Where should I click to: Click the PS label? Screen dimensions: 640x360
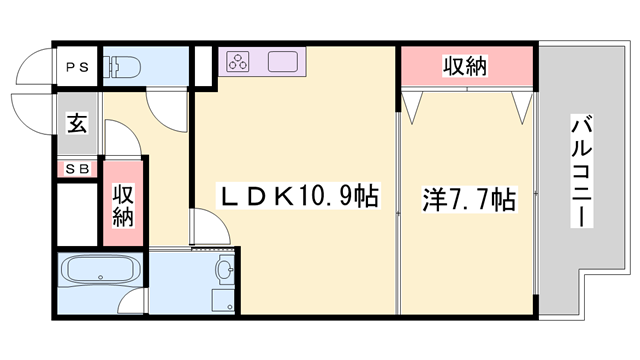77,67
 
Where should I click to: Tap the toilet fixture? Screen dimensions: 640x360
122,67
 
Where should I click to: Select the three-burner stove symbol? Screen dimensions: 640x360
238,61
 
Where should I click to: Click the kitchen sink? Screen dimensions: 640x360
282,62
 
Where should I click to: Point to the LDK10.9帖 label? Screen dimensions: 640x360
298,196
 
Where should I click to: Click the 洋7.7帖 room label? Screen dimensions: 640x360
469,200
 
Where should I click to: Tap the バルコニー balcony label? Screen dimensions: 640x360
581,171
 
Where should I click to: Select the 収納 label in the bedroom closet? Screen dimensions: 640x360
465,66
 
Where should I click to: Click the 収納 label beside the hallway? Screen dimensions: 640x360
123,206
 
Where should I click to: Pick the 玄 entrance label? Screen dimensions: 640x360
77,123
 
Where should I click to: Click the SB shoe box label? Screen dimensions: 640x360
77,169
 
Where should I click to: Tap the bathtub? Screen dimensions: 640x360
100,269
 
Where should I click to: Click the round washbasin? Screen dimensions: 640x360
225,269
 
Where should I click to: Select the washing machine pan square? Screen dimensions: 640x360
223,300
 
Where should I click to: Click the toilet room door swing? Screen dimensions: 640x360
168,111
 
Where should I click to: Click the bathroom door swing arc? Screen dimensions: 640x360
133,300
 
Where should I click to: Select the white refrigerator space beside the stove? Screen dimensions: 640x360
203,67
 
